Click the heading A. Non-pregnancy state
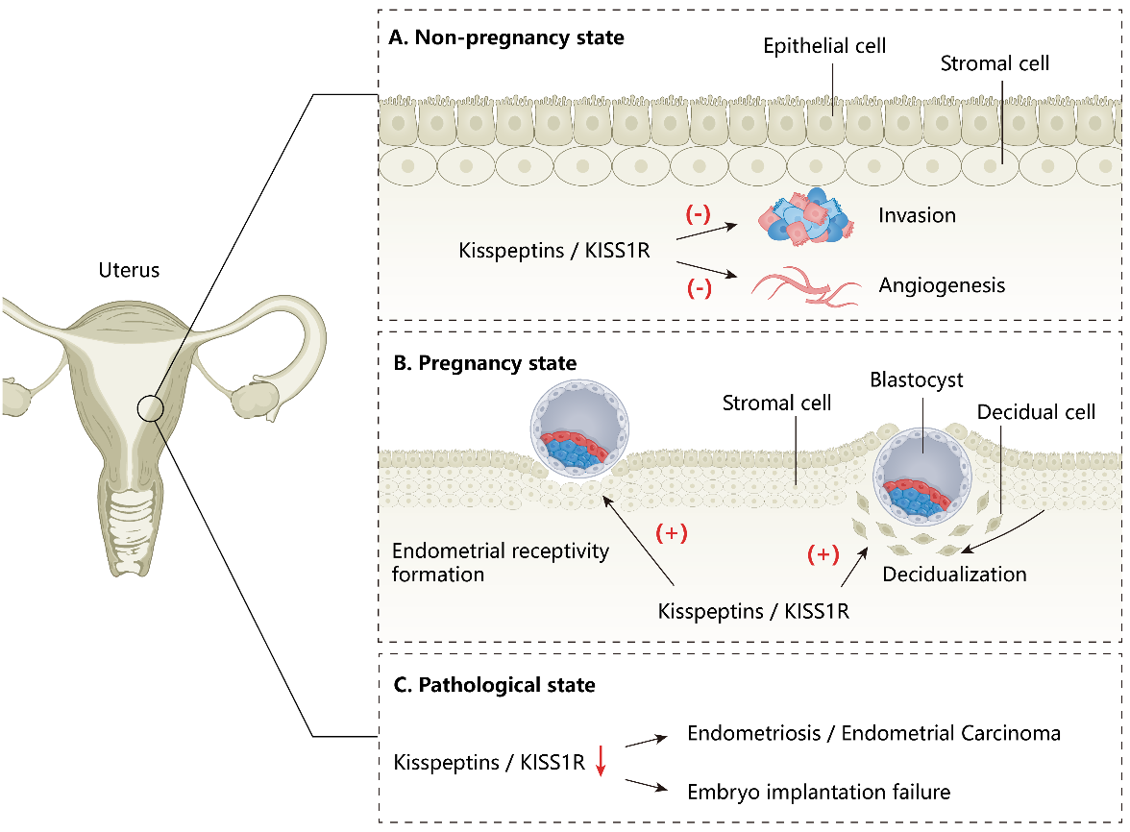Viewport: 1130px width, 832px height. [x=506, y=38]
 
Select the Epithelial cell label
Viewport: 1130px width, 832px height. [x=825, y=45]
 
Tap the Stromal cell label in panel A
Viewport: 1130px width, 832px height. [x=995, y=64]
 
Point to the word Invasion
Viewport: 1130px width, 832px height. [x=917, y=215]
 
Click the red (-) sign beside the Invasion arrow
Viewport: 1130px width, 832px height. [x=698, y=214]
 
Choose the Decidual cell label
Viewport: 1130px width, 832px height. [x=1037, y=412]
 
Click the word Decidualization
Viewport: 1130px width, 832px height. [x=954, y=575]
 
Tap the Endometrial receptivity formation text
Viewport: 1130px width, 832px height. [x=501, y=562]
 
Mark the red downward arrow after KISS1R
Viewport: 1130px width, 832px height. [x=601, y=761]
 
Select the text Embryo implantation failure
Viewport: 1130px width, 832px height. [x=819, y=792]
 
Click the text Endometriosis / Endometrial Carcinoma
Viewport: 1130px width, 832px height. [x=873, y=733]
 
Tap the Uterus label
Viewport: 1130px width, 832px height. [x=129, y=270]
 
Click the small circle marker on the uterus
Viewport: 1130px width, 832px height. [x=152, y=408]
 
